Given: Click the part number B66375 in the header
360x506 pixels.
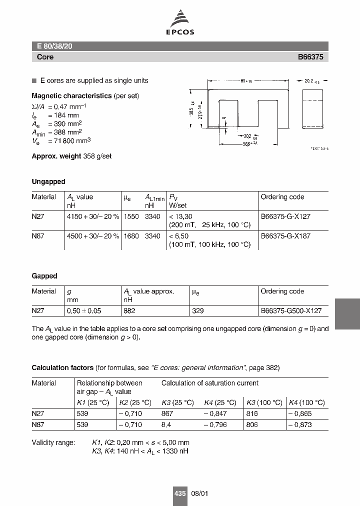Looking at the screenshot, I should (310, 57).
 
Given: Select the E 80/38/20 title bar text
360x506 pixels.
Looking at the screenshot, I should (55, 46).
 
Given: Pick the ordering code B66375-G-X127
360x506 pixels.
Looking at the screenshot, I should (285, 216).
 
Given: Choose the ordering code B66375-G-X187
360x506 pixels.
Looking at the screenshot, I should (285, 236).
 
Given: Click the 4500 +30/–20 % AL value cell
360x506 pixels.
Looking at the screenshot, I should (92, 236).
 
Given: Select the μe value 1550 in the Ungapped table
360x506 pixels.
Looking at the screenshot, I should (130, 216).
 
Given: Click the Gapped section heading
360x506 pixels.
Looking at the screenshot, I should (44, 276).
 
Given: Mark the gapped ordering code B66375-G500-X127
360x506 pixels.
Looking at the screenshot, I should (291, 310).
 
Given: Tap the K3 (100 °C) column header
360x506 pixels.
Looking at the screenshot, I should (263, 402).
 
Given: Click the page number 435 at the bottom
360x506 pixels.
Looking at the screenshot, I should (180, 493).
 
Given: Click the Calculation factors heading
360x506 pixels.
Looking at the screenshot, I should (62, 367).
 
